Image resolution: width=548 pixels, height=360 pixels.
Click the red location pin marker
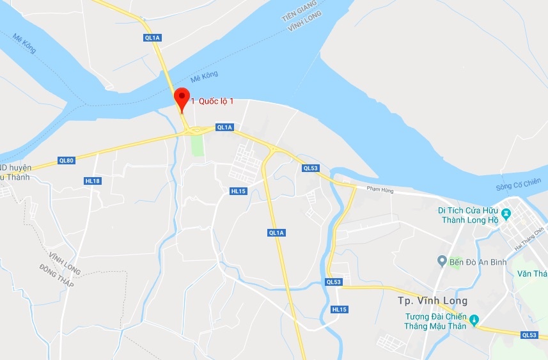[x=182, y=98]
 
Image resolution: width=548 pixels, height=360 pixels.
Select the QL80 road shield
[x=66, y=160]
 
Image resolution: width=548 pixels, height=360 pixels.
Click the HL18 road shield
[x=93, y=181]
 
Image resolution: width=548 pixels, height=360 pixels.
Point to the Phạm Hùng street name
[x=382, y=189]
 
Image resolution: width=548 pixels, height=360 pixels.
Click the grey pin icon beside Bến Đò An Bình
[x=441, y=260]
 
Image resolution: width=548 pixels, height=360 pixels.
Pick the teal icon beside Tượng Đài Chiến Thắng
[x=474, y=319]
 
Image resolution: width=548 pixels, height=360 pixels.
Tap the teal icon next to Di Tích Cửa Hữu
[x=506, y=212]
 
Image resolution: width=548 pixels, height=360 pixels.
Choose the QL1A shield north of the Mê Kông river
[x=152, y=38]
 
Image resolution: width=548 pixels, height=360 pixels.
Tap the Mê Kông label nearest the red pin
[x=205, y=75]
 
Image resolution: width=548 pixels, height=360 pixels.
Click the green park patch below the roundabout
[x=197, y=145]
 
